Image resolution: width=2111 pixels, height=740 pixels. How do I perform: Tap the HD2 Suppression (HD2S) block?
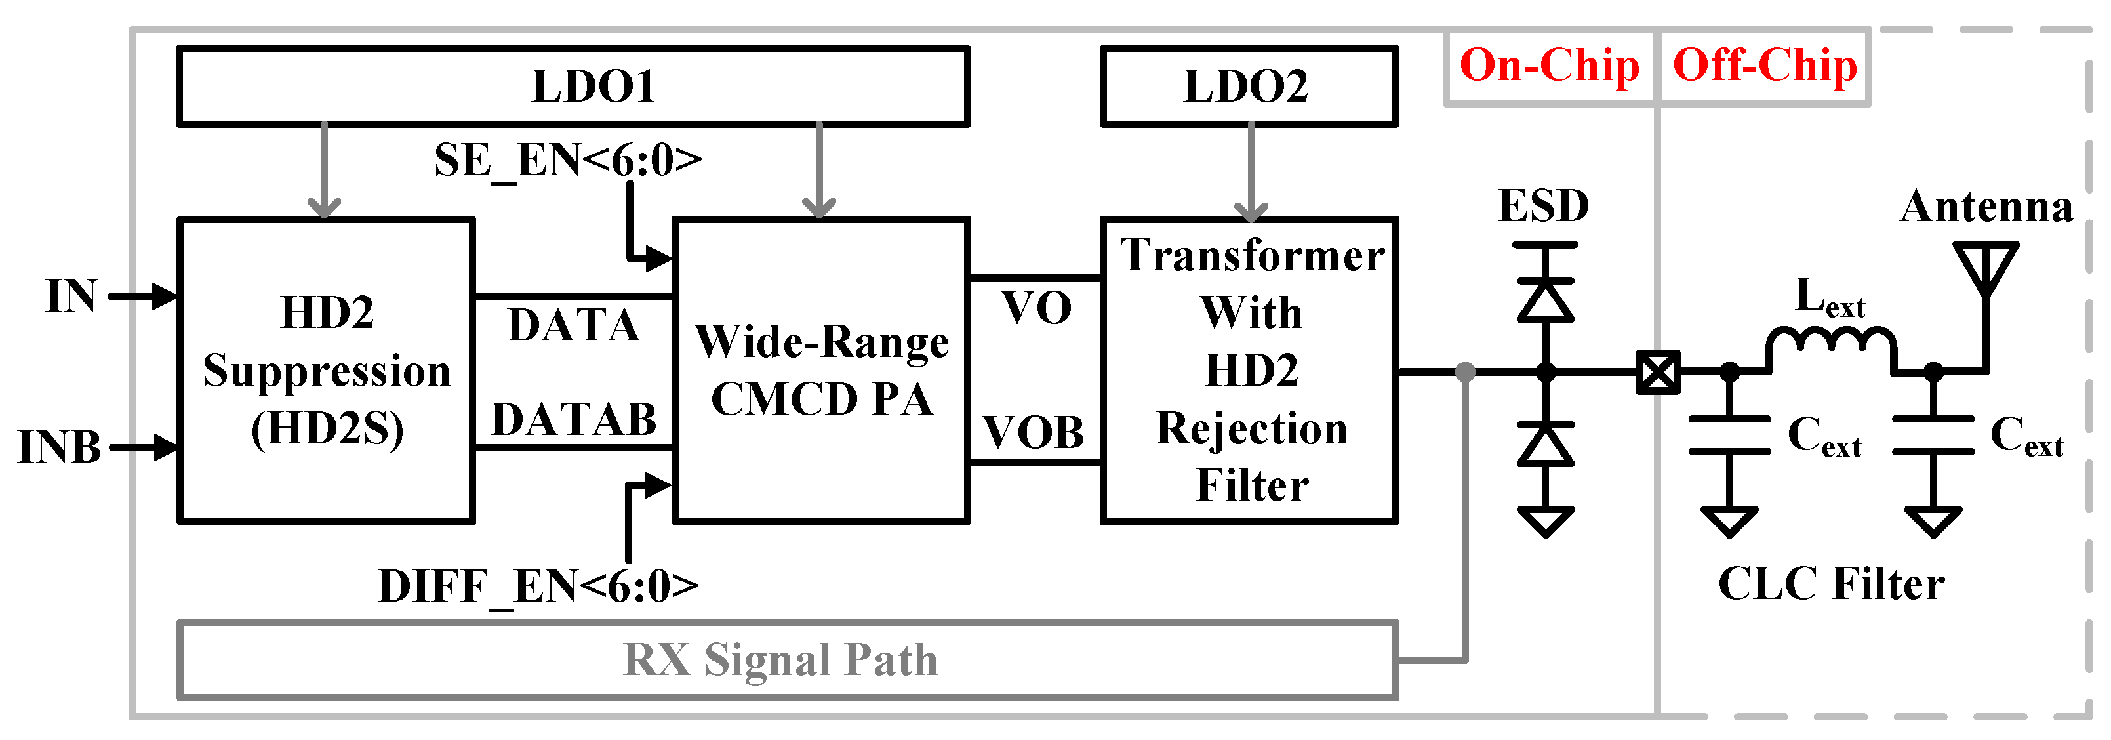(x=326, y=371)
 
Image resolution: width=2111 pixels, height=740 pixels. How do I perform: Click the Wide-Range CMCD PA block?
(x=821, y=371)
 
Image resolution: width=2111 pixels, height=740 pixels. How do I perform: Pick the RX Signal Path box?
(x=787, y=660)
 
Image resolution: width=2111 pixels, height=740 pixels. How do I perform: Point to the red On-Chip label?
(x=1549, y=66)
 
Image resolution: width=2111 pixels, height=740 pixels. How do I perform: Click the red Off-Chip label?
(x=1764, y=66)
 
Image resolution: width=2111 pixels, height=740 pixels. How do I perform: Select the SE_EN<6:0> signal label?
(x=568, y=160)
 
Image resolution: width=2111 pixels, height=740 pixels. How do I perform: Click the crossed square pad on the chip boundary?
(x=1658, y=373)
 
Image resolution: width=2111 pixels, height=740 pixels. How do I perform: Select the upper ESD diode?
(x=1545, y=300)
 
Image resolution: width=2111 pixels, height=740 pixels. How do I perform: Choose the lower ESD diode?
(x=1545, y=445)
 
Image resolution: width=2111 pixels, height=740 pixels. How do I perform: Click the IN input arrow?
(x=144, y=297)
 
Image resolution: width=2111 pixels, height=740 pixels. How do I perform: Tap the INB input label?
(x=59, y=448)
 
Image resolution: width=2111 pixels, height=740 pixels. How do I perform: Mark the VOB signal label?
(x=1034, y=433)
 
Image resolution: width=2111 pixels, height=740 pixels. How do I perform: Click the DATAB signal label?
(x=574, y=420)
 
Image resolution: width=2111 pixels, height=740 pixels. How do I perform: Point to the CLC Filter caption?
(x=1831, y=585)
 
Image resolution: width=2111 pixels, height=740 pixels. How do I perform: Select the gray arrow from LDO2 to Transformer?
(x=1251, y=172)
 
